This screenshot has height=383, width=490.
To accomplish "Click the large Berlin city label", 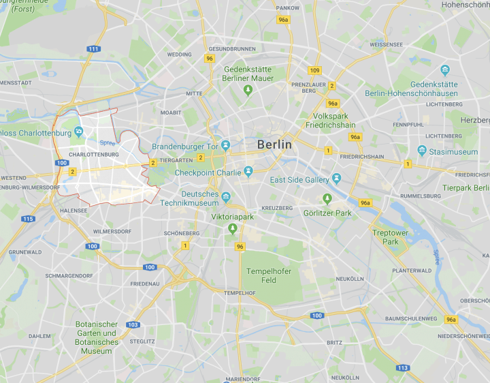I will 274,144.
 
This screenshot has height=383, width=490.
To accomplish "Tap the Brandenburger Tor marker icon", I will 226,146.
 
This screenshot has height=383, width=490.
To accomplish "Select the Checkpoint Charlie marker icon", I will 249,172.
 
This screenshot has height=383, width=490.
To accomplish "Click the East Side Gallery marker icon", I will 336,179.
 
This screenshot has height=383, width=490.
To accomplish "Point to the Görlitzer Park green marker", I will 327,198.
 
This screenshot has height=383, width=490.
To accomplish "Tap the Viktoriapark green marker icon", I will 233,228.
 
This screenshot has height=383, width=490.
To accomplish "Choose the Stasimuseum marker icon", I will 423,151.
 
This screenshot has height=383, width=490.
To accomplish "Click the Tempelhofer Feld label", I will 269,275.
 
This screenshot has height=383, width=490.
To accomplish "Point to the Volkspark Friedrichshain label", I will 327,121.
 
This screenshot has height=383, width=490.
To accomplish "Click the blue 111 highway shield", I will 93,48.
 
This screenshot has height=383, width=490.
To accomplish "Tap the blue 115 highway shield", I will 28,219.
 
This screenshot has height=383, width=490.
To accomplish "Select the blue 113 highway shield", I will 403,368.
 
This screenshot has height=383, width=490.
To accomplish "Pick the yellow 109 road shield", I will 314,70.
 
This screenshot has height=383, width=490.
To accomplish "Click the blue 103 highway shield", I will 133,324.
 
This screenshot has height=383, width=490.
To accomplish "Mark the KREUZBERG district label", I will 277,208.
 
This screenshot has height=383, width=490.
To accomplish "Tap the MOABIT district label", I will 170,112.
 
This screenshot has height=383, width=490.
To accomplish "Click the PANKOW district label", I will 288,7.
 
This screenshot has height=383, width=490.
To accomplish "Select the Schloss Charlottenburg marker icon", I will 80,132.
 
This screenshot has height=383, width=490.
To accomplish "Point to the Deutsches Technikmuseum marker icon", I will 226,197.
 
